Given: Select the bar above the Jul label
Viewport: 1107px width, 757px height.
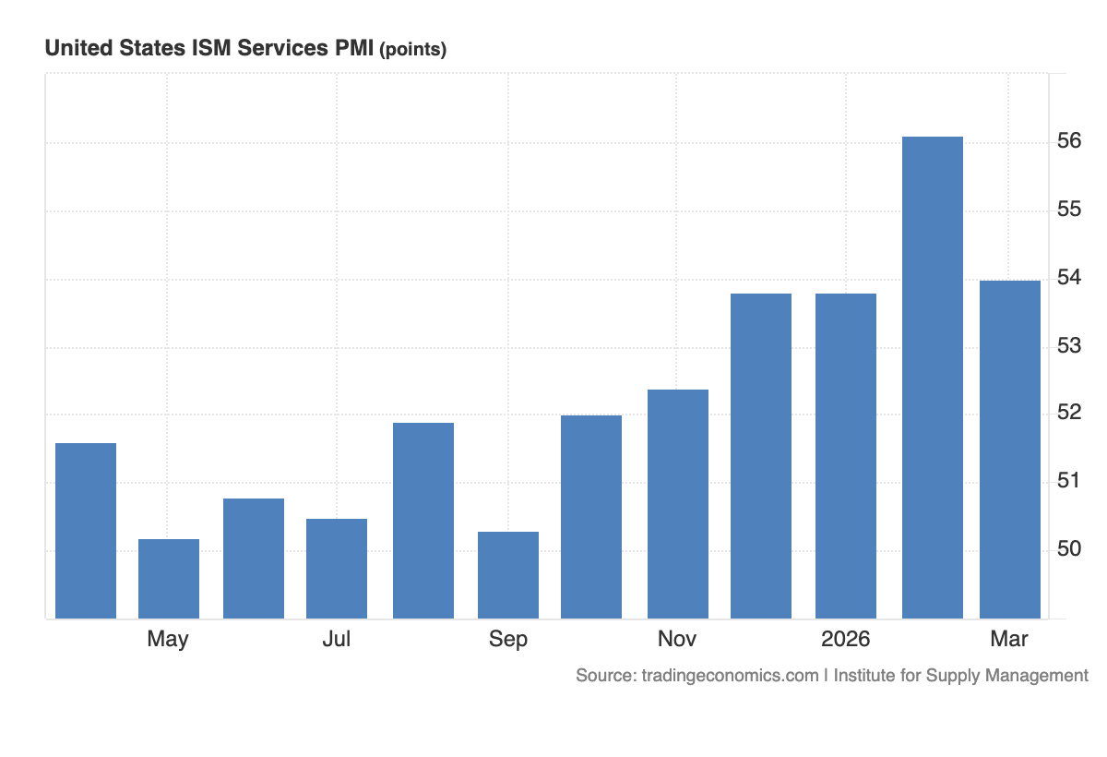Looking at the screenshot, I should point(337,569).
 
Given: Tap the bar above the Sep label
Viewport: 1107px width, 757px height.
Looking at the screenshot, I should point(508,575).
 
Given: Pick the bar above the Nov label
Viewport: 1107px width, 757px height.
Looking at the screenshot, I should point(678,504).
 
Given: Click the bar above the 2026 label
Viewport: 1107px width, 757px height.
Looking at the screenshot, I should point(846,456).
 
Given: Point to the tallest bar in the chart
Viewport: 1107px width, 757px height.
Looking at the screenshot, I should point(933,378).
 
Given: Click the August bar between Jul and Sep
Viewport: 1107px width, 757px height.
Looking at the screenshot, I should point(423,521).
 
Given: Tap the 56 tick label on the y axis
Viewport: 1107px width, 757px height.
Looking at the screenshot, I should point(1069,141).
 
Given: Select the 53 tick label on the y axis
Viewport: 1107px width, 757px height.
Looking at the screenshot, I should point(1069,346).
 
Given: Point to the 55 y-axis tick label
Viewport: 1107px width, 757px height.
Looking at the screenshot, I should point(1069,210).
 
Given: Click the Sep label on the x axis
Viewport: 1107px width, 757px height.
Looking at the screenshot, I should point(508,639).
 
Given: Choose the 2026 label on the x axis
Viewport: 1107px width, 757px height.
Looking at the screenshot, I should point(846,639).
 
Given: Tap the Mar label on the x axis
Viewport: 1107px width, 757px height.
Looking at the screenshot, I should point(1008,639).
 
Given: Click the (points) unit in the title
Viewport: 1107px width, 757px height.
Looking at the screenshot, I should point(412,50).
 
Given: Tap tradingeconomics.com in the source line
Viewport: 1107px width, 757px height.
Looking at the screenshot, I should point(730,676).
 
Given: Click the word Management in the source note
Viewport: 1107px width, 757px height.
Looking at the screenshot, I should point(1037,676).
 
